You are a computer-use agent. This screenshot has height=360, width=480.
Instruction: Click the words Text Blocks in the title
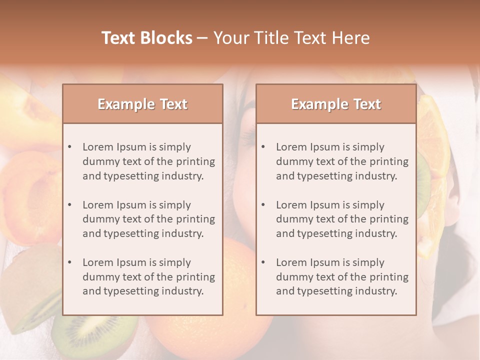[147, 38]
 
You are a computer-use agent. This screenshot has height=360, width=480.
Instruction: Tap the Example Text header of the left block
[142, 104]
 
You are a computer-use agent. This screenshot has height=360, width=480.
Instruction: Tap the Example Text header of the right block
[336, 104]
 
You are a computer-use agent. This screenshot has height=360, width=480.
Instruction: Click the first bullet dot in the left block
[70, 147]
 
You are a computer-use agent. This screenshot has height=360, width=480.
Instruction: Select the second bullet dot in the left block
[70, 205]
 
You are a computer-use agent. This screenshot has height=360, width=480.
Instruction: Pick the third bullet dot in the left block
[70, 262]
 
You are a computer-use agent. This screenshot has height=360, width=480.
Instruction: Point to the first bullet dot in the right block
[263, 147]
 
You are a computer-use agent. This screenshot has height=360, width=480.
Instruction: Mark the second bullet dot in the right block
[263, 205]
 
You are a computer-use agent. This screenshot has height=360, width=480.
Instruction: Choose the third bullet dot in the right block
[263, 262]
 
